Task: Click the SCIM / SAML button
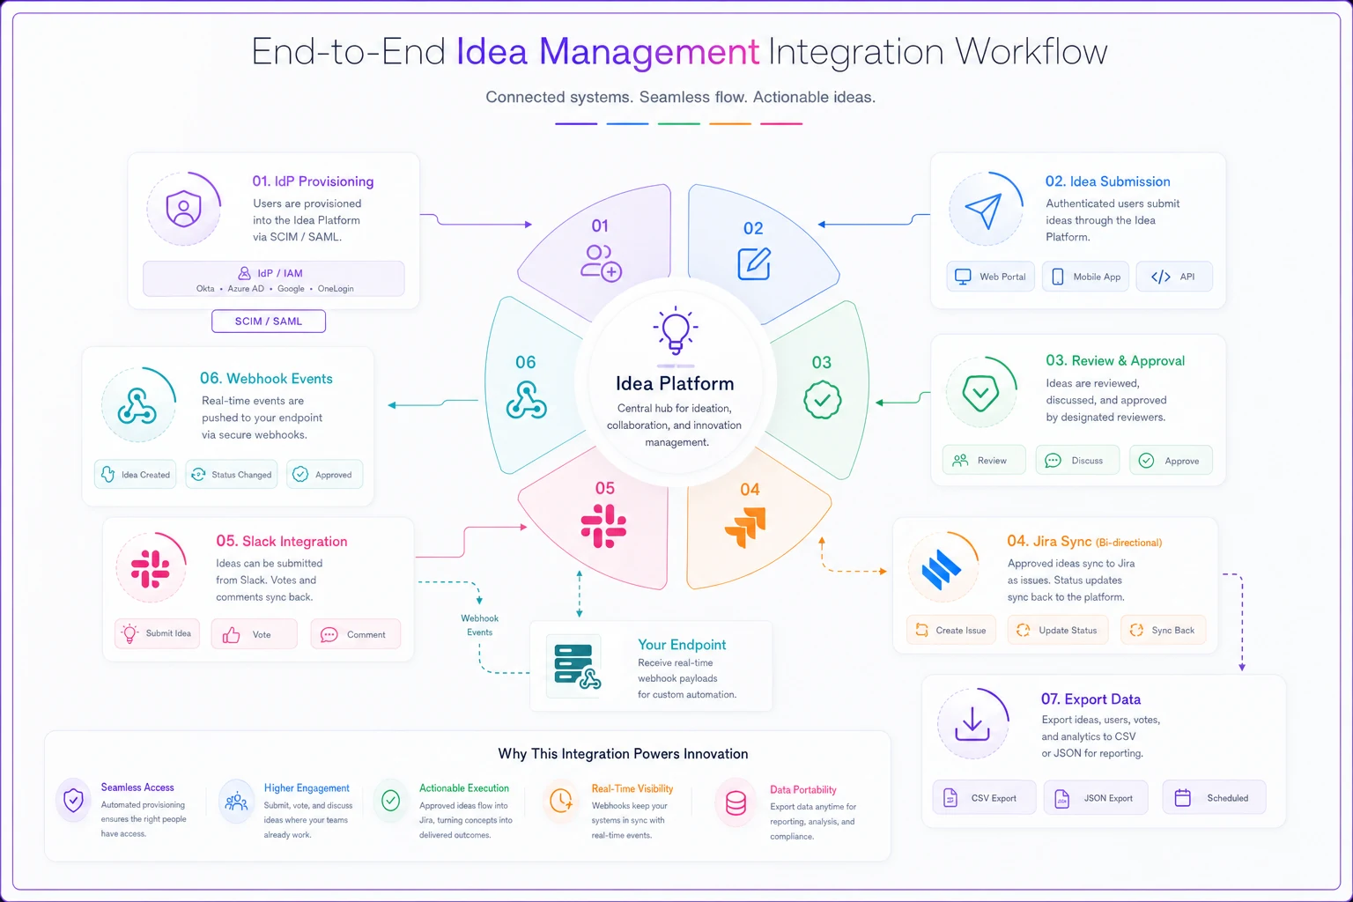[268, 321]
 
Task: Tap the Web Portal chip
[990, 277]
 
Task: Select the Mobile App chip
[1085, 277]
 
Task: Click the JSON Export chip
[1096, 797]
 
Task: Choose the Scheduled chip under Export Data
[1214, 797]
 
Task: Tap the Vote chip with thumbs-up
[254, 634]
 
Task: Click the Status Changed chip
[232, 474]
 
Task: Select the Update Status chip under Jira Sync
[1058, 630]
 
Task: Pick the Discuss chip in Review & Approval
[1077, 461]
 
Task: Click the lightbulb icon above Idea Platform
[676, 330]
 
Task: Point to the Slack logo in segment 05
[603, 526]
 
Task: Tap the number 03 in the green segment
[822, 363]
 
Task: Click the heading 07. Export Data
[1091, 699]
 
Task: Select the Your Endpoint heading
[682, 645]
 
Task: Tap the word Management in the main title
[649, 51]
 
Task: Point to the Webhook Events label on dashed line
[479, 625]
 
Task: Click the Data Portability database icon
[736, 803]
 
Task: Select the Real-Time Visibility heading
[632, 788]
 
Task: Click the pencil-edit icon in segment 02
[754, 264]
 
